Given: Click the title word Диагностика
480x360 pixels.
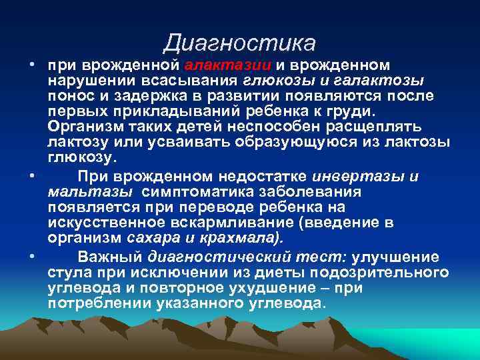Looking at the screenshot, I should pyautogui.click(x=239, y=43).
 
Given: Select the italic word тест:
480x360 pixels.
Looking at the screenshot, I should pyautogui.click(x=323, y=258).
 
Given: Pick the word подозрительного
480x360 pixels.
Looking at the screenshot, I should pyautogui.click(x=387, y=273).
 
